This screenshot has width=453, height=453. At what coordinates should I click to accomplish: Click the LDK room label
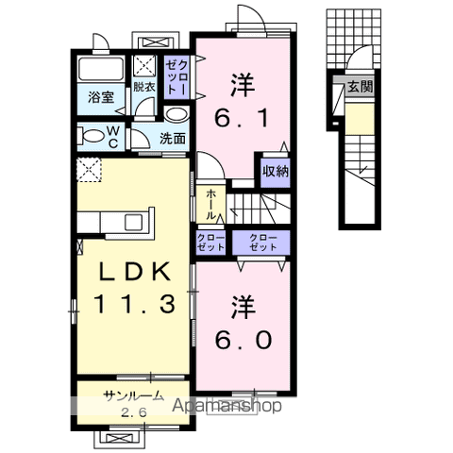click(x=136, y=272)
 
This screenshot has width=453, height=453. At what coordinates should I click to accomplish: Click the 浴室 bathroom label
click(x=101, y=97)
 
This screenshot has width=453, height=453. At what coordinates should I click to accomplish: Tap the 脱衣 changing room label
click(x=144, y=85)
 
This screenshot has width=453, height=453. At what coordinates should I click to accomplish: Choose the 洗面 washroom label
click(x=173, y=138)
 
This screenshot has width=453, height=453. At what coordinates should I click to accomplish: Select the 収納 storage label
click(x=276, y=171)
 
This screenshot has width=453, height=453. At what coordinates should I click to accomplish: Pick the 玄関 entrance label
click(x=360, y=87)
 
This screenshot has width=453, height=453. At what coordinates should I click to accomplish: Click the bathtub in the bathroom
click(x=100, y=71)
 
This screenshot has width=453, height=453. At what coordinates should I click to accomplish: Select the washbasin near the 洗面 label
click(x=176, y=114)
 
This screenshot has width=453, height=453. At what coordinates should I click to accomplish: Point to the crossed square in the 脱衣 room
click(x=145, y=64)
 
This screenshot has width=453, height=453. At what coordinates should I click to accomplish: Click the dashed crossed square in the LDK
click(x=91, y=172)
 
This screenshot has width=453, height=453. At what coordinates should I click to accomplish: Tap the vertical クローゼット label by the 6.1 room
click(x=176, y=75)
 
